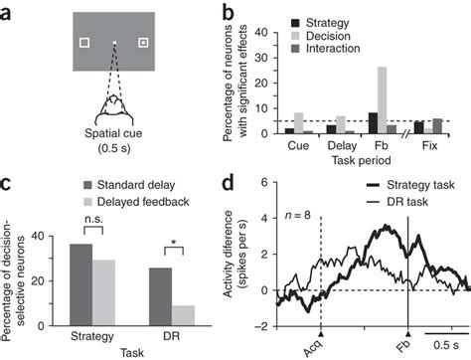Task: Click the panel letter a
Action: click(x=8, y=10)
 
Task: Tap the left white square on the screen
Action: click(x=85, y=42)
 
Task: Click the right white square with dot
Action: click(x=144, y=42)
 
